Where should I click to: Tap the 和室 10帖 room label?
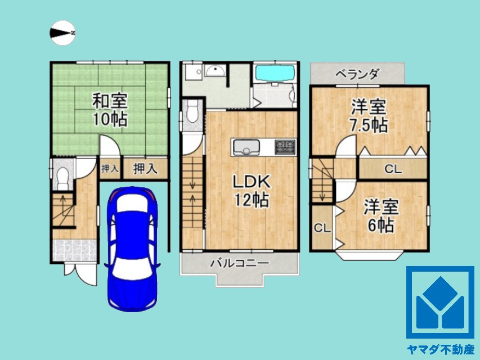coord(110,110)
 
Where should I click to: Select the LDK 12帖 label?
coord(252,191)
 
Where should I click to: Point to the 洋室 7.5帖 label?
coord(369,115)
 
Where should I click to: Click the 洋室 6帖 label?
coord(381,216)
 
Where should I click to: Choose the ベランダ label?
coord(357,74)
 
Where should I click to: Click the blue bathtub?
coord(275,74)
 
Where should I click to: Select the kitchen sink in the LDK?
coord(245,148)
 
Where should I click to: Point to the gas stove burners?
coord(285,147)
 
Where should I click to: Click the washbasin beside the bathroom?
coord(215,71)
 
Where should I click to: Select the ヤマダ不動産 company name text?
coord(440,349)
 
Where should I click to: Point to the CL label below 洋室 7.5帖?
coord(393,168)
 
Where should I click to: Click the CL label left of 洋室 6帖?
coord(321,228)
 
